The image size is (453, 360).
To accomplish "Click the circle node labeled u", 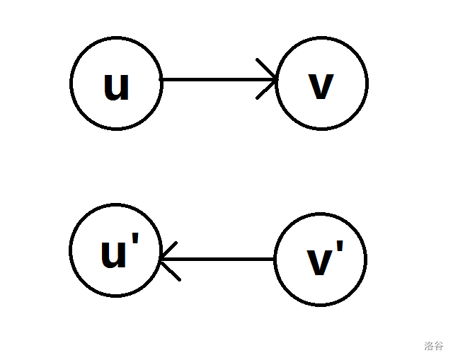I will pyautogui.click(x=116, y=83).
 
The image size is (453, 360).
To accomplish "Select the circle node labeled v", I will pyautogui.click(x=322, y=83).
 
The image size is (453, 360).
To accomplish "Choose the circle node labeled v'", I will pyautogui.click(x=321, y=260).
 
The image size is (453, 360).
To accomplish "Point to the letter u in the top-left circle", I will pyautogui.click(x=116, y=86).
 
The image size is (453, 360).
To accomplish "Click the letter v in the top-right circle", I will pyautogui.click(x=321, y=87).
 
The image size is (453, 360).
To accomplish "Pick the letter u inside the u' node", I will pyautogui.click(x=113, y=255).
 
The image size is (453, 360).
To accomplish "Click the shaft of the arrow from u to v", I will pyautogui.click(x=212, y=79).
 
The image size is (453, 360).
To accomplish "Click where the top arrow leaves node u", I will pyautogui.click(x=163, y=79).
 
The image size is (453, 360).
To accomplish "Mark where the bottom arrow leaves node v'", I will pyautogui.click(x=274, y=260).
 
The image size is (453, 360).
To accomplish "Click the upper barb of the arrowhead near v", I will pyautogui.click(x=266, y=69).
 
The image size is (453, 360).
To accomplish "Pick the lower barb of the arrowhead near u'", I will pyautogui.click(x=172, y=271).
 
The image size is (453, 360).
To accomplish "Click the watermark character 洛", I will pyautogui.click(x=429, y=347).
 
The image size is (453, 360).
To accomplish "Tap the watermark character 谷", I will pyautogui.click(x=439, y=347).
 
